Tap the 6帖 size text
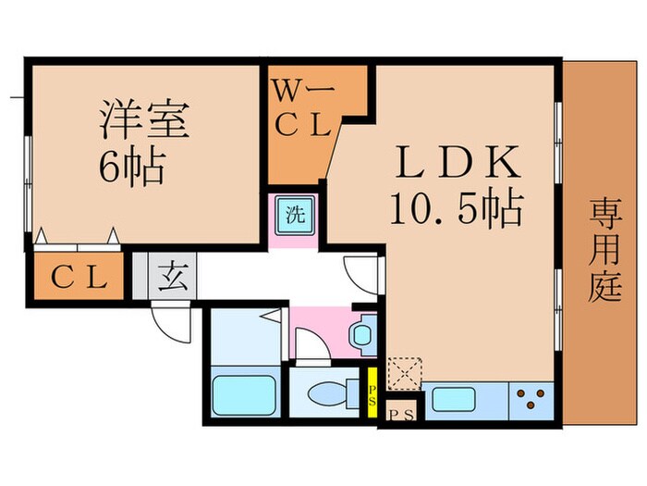point(131,167)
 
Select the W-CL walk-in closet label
point(301,109)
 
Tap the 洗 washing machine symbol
point(294,218)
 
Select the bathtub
point(243,396)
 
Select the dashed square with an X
point(403,372)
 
